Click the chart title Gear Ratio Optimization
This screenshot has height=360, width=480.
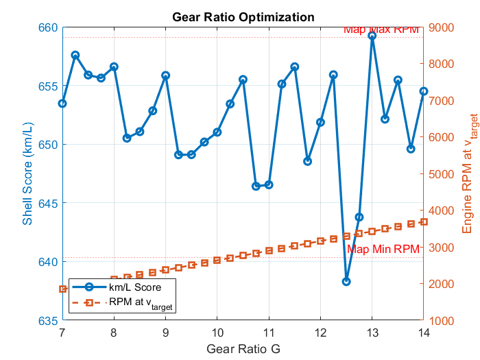(243, 16)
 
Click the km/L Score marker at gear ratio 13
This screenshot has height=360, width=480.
(372, 36)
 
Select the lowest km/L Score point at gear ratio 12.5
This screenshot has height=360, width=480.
(346, 281)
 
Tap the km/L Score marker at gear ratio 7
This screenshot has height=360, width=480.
(62, 104)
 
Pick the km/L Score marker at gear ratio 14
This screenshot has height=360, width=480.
(424, 91)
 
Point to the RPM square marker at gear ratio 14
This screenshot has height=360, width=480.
(424, 222)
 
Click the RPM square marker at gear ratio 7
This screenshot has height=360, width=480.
(62, 289)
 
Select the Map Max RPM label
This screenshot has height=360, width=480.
(381, 29)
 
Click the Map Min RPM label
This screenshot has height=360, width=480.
(383, 250)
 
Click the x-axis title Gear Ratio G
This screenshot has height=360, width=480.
(243, 349)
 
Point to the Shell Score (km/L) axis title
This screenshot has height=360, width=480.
(27, 163)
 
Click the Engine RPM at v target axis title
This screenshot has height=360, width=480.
(467, 163)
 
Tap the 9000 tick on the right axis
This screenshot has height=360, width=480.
(442, 27)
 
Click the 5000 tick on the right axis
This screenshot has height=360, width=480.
(442, 174)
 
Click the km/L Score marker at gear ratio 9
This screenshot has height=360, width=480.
(165, 75)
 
